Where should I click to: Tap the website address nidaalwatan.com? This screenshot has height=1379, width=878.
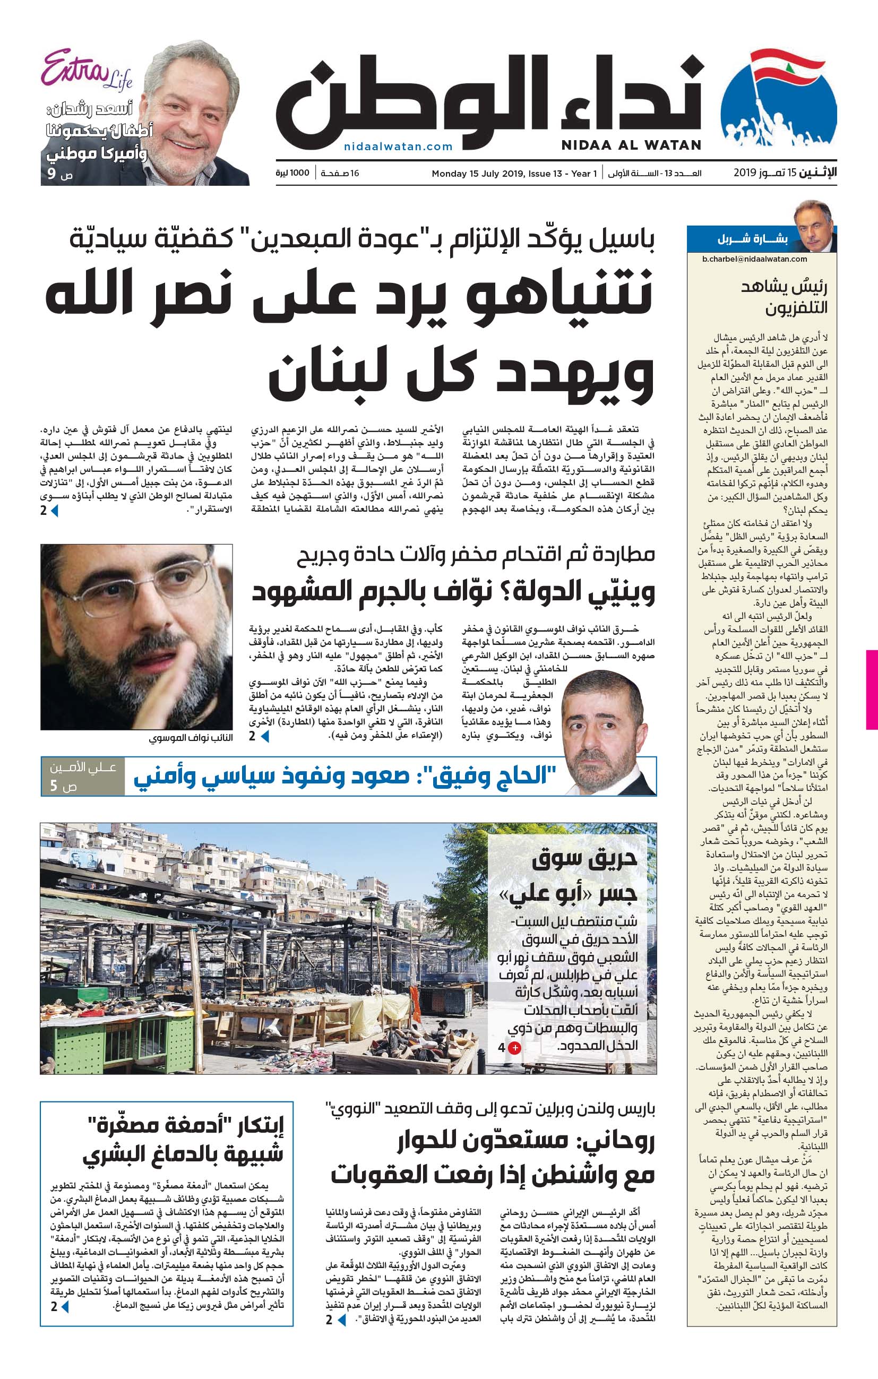398,146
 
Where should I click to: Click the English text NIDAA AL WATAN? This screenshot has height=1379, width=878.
631,145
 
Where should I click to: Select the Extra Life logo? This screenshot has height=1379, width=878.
86,71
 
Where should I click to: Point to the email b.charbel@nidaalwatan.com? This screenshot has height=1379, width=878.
754,259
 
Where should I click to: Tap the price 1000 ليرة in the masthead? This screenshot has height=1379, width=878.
292,173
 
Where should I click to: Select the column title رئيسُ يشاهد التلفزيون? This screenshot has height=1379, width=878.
785,297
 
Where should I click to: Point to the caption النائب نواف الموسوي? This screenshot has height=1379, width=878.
191,738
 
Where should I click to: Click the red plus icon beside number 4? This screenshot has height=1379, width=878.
515,1048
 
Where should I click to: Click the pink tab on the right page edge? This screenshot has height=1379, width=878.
872,689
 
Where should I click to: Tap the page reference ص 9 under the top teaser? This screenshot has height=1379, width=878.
59,175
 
